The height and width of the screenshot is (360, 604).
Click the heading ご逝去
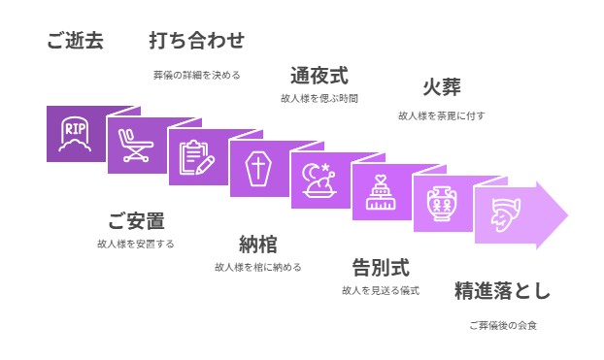[x=75, y=41]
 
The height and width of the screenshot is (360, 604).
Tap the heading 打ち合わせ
[x=196, y=41]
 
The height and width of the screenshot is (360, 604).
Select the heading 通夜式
[x=319, y=75]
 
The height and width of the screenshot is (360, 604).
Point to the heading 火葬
[x=441, y=87]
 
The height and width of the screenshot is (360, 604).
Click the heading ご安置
[x=136, y=220]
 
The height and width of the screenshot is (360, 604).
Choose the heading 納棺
[x=258, y=244]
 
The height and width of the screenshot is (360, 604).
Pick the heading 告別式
[x=380, y=267]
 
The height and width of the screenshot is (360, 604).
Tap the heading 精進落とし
[x=502, y=290]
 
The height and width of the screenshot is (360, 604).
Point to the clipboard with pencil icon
[x=198, y=156]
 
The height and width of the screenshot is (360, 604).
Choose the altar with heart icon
[x=381, y=192]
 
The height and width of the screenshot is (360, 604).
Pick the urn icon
[x=442, y=204]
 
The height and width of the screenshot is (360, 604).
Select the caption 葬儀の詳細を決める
[x=196, y=74]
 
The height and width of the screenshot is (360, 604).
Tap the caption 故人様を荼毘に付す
[x=441, y=115]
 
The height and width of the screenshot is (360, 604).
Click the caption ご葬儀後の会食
[x=502, y=325]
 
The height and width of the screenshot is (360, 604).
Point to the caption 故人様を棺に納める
[x=258, y=267]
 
